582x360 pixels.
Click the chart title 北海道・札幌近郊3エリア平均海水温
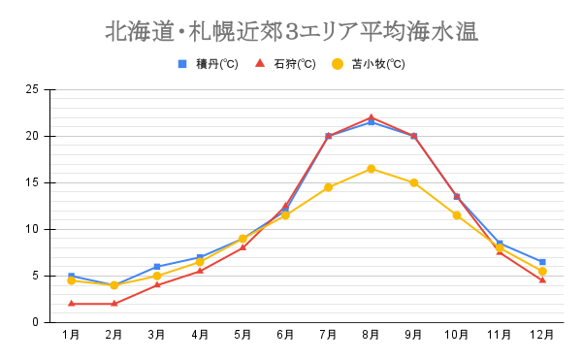tap(291, 31)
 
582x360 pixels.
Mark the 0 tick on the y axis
tap(35, 322)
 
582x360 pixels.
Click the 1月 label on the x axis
tap(71, 336)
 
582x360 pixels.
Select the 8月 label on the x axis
tap(371, 336)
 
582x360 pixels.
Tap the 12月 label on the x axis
tap(542, 336)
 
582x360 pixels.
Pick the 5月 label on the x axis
tap(242, 336)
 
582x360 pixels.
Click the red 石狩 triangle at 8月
tap(371, 117)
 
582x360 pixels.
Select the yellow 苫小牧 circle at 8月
tap(371, 169)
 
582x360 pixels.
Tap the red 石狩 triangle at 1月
tap(71, 304)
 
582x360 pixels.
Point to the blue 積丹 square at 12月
tap(542, 262)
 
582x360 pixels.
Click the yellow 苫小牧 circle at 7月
tap(328, 187)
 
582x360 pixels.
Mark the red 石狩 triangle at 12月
tap(542, 280)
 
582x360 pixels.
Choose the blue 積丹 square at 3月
tap(156, 267)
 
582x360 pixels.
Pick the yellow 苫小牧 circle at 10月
tap(457, 215)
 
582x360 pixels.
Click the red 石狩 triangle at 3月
tap(156, 285)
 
